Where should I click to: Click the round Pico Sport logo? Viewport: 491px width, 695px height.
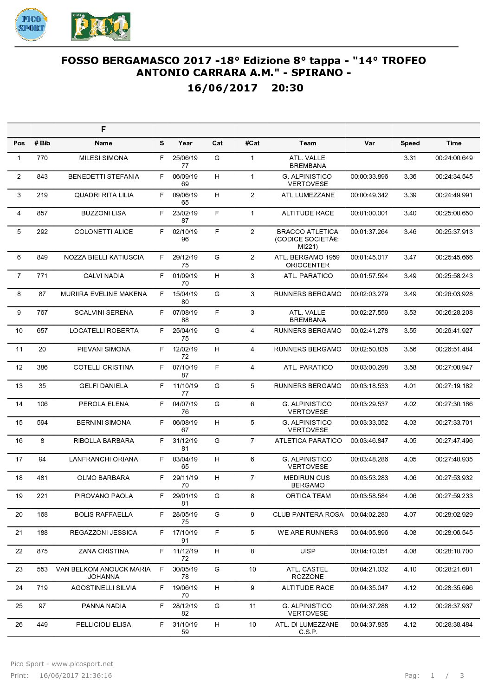click(31, 24)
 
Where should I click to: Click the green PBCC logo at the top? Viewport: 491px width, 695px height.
click(101, 27)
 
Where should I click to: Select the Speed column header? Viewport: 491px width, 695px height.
click(410, 143)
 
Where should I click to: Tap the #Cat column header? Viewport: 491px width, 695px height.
click(252, 143)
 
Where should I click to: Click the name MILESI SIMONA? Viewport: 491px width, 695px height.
click(103, 158)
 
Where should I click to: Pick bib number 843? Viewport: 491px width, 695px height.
click(42, 177)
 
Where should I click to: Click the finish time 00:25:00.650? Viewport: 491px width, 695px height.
click(453, 214)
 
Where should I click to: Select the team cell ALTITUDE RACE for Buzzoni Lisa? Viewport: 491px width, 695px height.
click(308, 214)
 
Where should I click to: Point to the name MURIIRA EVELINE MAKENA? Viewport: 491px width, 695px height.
click(103, 294)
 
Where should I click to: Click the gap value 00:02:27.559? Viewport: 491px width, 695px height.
click(369, 313)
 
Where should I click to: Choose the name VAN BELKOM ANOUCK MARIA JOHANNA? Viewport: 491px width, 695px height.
click(103, 573)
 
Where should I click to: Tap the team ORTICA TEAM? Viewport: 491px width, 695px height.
click(308, 496)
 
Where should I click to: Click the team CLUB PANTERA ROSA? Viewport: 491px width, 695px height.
click(308, 515)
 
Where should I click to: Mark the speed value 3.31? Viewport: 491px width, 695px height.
click(410, 158)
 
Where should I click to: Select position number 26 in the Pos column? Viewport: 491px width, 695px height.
click(19, 625)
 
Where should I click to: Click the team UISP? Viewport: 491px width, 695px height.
click(308, 552)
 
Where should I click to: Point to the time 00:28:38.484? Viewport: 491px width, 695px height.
click(453, 625)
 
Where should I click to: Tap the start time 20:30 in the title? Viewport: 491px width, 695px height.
click(287, 88)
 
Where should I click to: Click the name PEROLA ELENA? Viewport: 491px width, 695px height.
click(103, 404)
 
